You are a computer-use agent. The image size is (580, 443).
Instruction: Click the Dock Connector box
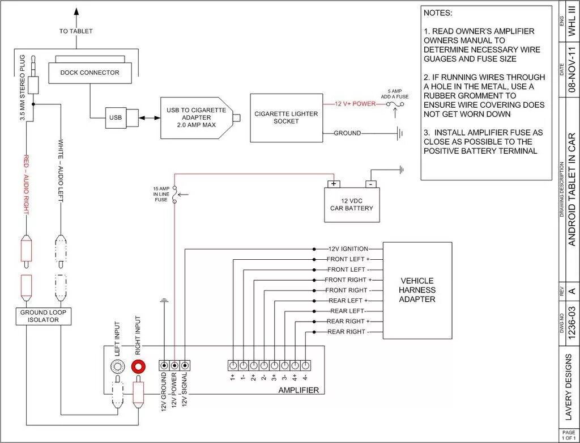coord(89,73)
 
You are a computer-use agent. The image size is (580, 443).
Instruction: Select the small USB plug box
coord(116,117)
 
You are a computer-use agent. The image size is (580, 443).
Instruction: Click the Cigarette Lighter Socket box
coord(286,117)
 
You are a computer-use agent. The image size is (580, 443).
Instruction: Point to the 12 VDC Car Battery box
coord(351,205)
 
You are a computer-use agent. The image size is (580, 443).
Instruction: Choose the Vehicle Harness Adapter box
coord(417,290)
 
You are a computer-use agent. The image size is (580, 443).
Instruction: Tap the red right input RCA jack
coord(138,366)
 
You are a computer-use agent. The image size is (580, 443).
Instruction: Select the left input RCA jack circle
coord(118,366)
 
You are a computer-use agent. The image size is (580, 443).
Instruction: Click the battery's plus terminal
coord(334,184)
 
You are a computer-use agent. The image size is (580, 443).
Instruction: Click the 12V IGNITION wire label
coord(348,249)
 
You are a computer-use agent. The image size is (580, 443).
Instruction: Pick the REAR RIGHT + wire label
coord(346,322)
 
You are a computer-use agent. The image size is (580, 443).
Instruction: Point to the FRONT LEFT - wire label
coord(346,269)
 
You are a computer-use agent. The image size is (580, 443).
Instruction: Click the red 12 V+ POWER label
coord(355,104)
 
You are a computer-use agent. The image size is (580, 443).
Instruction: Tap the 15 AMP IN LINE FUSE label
coord(161,194)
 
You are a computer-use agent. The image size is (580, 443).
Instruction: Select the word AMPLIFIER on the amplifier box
coord(298,390)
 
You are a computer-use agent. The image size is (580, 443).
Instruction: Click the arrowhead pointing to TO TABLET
coord(76,11)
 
